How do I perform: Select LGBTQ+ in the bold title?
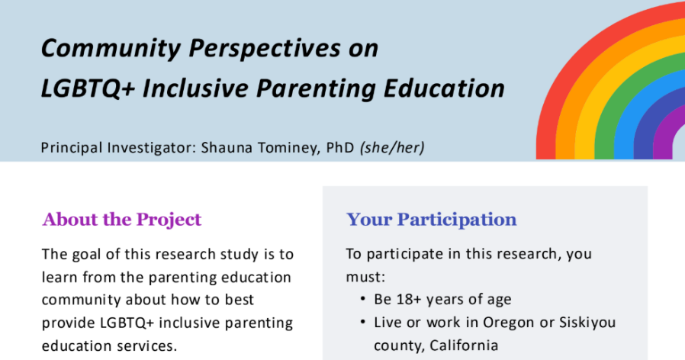88,88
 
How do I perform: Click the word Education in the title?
444,88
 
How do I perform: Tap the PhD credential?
340,148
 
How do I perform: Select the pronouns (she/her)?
392,148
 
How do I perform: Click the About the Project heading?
122,220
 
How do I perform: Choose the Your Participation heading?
431,220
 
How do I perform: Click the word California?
464,346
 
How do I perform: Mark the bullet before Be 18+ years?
362,299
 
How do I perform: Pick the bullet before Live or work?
362,323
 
